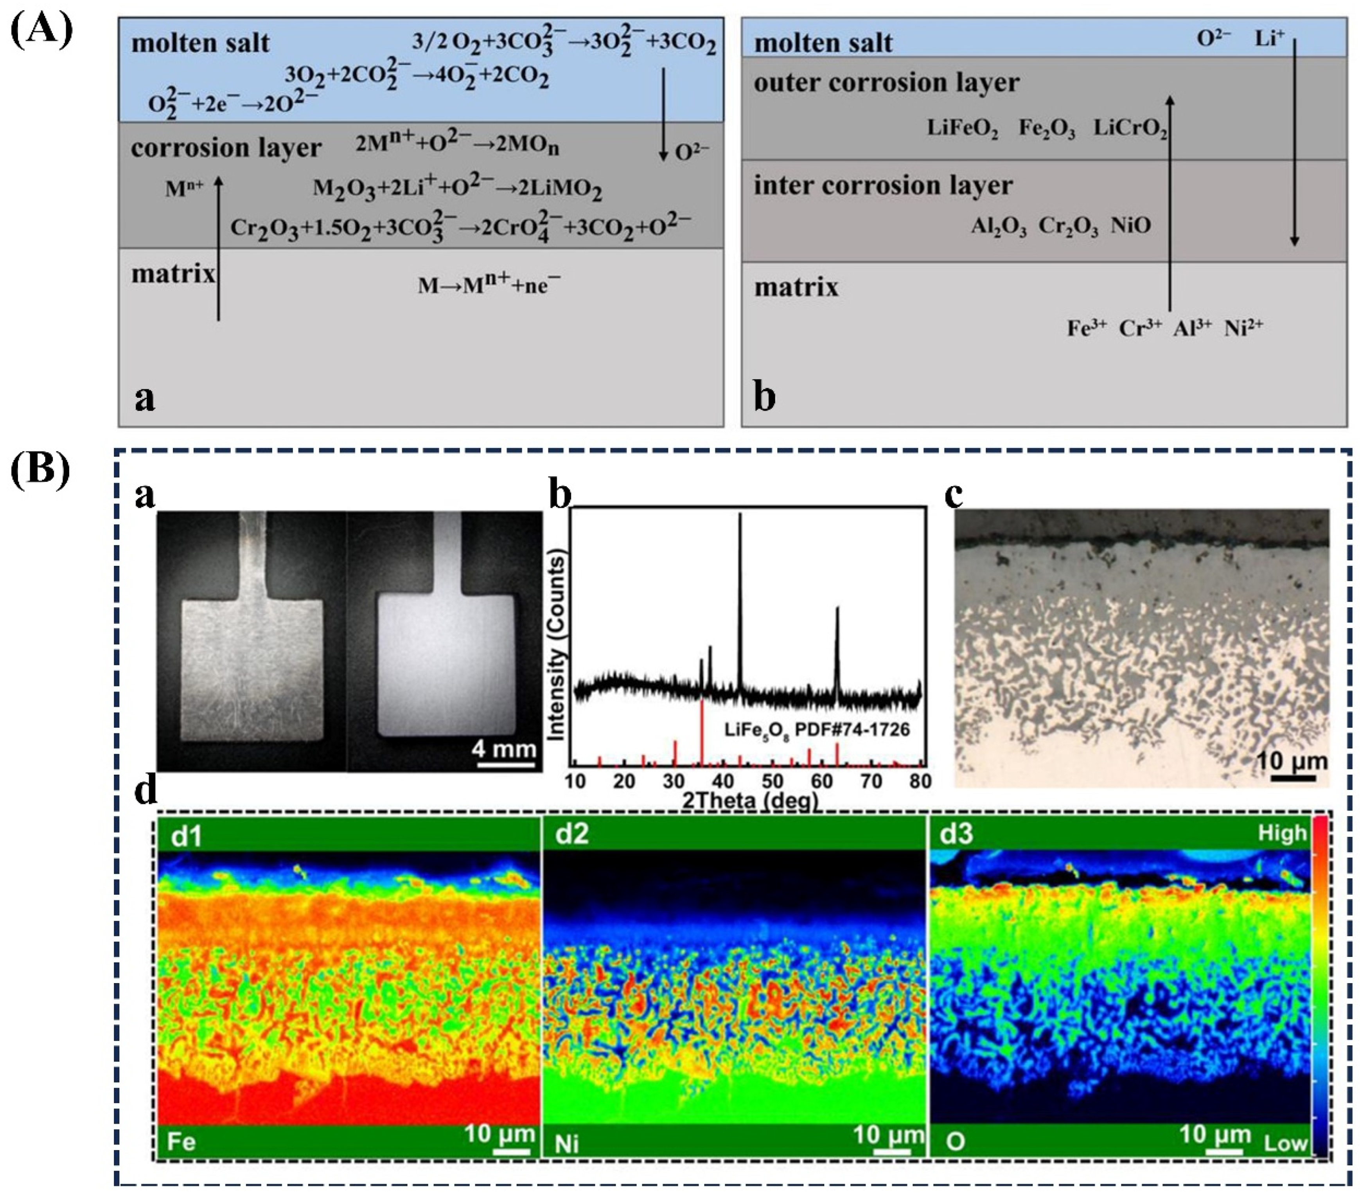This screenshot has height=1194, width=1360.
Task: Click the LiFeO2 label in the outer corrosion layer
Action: tap(962, 128)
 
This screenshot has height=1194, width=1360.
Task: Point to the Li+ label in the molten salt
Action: tap(1270, 39)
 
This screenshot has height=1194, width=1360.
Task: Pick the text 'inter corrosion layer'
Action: tap(883, 185)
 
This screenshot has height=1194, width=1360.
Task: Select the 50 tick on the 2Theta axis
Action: tap(772, 781)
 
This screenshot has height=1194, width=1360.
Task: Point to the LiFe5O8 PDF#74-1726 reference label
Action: tap(816, 730)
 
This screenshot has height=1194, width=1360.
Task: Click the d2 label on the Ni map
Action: tap(572, 834)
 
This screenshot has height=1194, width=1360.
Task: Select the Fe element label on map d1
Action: tap(181, 1142)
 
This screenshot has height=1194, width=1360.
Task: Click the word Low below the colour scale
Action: tap(1285, 1144)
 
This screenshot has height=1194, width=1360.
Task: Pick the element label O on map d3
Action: tap(955, 1142)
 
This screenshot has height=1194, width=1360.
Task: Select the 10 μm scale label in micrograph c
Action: tap(1291, 761)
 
